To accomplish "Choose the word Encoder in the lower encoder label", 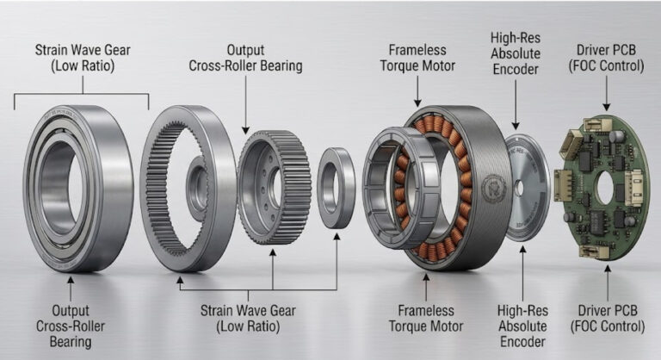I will click(x=522, y=341).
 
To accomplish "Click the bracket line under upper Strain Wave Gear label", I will click(x=82, y=95).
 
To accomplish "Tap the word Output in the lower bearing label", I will click(x=70, y=309).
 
